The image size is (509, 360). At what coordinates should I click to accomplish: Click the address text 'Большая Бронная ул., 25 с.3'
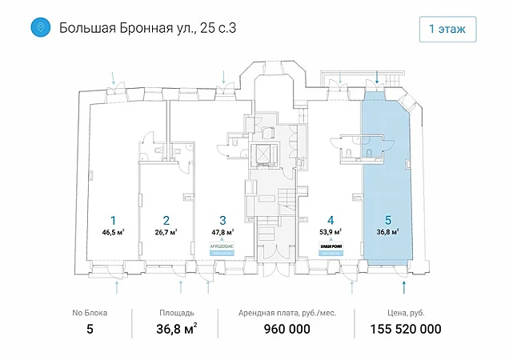coord(148,30)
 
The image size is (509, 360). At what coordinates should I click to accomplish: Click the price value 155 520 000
coord(406,329)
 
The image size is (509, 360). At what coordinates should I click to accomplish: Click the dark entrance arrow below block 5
coord(403,285)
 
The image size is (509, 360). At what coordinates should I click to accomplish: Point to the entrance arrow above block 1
coord(114,78)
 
